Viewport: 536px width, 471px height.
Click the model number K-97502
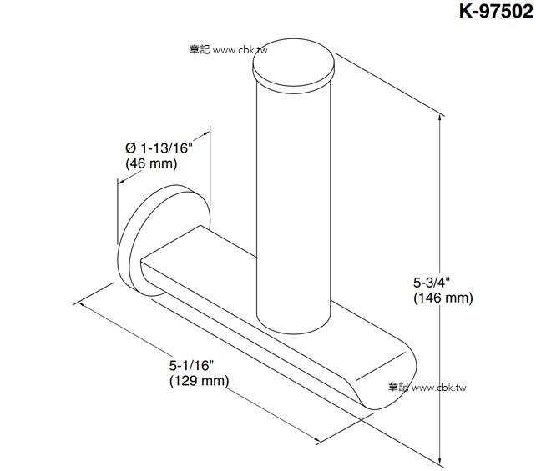pyautogui.click(x=497, y=11)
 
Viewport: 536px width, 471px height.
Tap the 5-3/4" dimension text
pyautogui.click(x=432, y=283)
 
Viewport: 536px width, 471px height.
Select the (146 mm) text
pyautogui.click(x=443, y=298)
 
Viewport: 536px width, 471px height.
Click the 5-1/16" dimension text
pyautogui.click(x=191, y=365)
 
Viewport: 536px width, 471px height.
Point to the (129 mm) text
pyautogui.click(x=199, y=381)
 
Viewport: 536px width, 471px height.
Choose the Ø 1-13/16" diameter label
pyautogui.click(x=159, y=148)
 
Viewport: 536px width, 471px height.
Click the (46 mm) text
pyautogui.click(x=151, y=163)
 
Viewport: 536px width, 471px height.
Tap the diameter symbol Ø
pyautogui.click(x=131, y=148)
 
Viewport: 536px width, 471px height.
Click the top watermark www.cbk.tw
pyautogui.click(x=240, y=50)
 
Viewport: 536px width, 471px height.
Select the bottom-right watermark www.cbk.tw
pyautogui.click(x=439, y=388)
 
